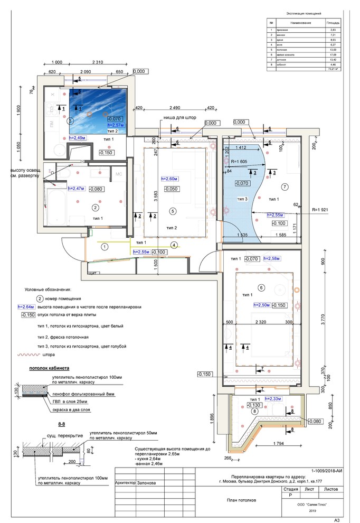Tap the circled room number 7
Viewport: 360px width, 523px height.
click(x=285, y=186)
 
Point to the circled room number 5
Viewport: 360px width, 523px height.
click(x=172, y=211)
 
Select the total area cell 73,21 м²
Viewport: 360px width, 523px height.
click(x=333, y=69)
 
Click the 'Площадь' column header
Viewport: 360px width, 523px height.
click(x=333, y=24)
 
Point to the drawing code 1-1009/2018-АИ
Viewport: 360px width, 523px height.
click(x=327, y=470)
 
